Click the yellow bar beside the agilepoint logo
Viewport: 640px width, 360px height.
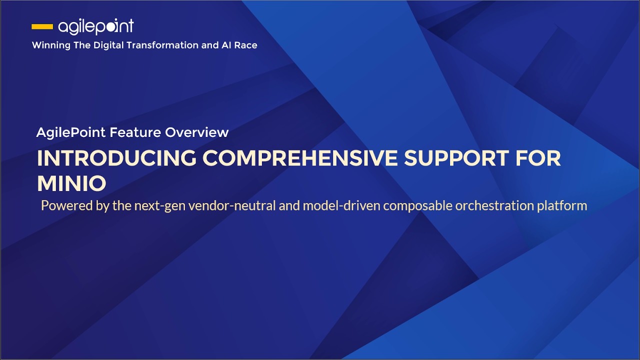(42, 26)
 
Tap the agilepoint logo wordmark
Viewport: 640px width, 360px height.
(96, 26)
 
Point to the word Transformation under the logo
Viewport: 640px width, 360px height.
(162, 45)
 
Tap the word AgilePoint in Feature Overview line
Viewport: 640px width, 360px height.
(71, 132)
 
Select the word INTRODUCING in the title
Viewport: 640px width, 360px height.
(116, 158)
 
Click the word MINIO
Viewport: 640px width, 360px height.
(71, 183)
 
